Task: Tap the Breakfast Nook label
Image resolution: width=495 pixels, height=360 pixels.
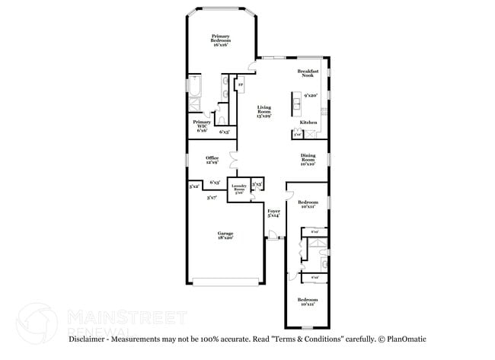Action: (307, 73)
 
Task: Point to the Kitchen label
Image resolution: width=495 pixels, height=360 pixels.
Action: (308, 122)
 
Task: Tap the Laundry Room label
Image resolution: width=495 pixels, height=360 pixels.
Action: (239, 188)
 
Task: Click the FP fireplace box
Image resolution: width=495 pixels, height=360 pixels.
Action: (241, 84)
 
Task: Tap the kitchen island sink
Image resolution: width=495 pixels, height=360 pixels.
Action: (294, 100)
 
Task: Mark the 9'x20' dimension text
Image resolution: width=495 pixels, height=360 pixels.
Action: (310, 96)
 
